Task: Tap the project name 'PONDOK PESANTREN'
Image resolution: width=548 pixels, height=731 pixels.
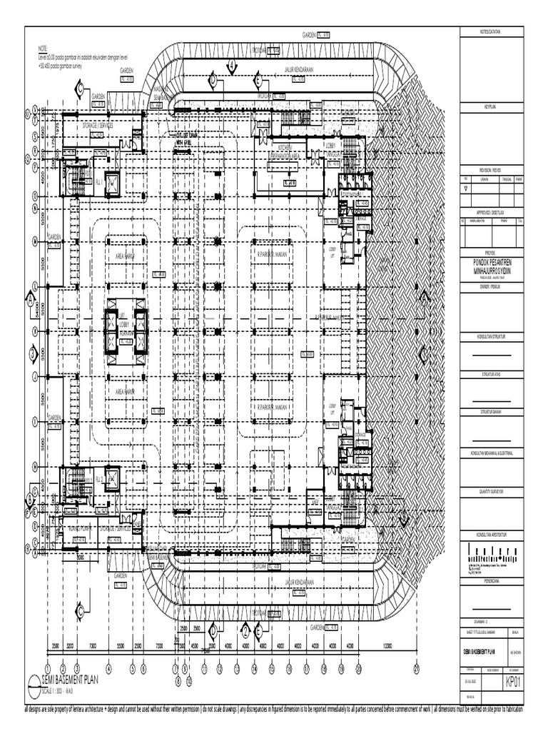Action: (x=492, y=262)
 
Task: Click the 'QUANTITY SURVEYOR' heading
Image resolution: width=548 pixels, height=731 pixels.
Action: (x=492, y=492)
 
